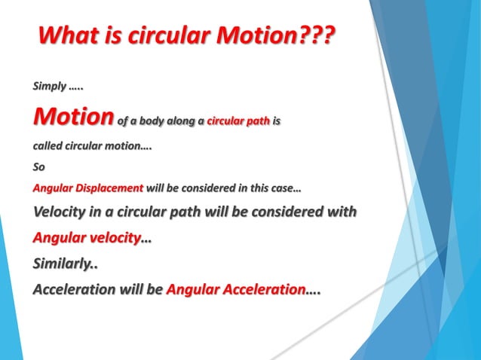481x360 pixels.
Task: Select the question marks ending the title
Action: coord(310,35)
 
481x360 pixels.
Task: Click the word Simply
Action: coord(49,87)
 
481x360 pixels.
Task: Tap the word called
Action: coord(50,146)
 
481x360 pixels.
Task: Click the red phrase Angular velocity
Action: coord(87,237)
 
